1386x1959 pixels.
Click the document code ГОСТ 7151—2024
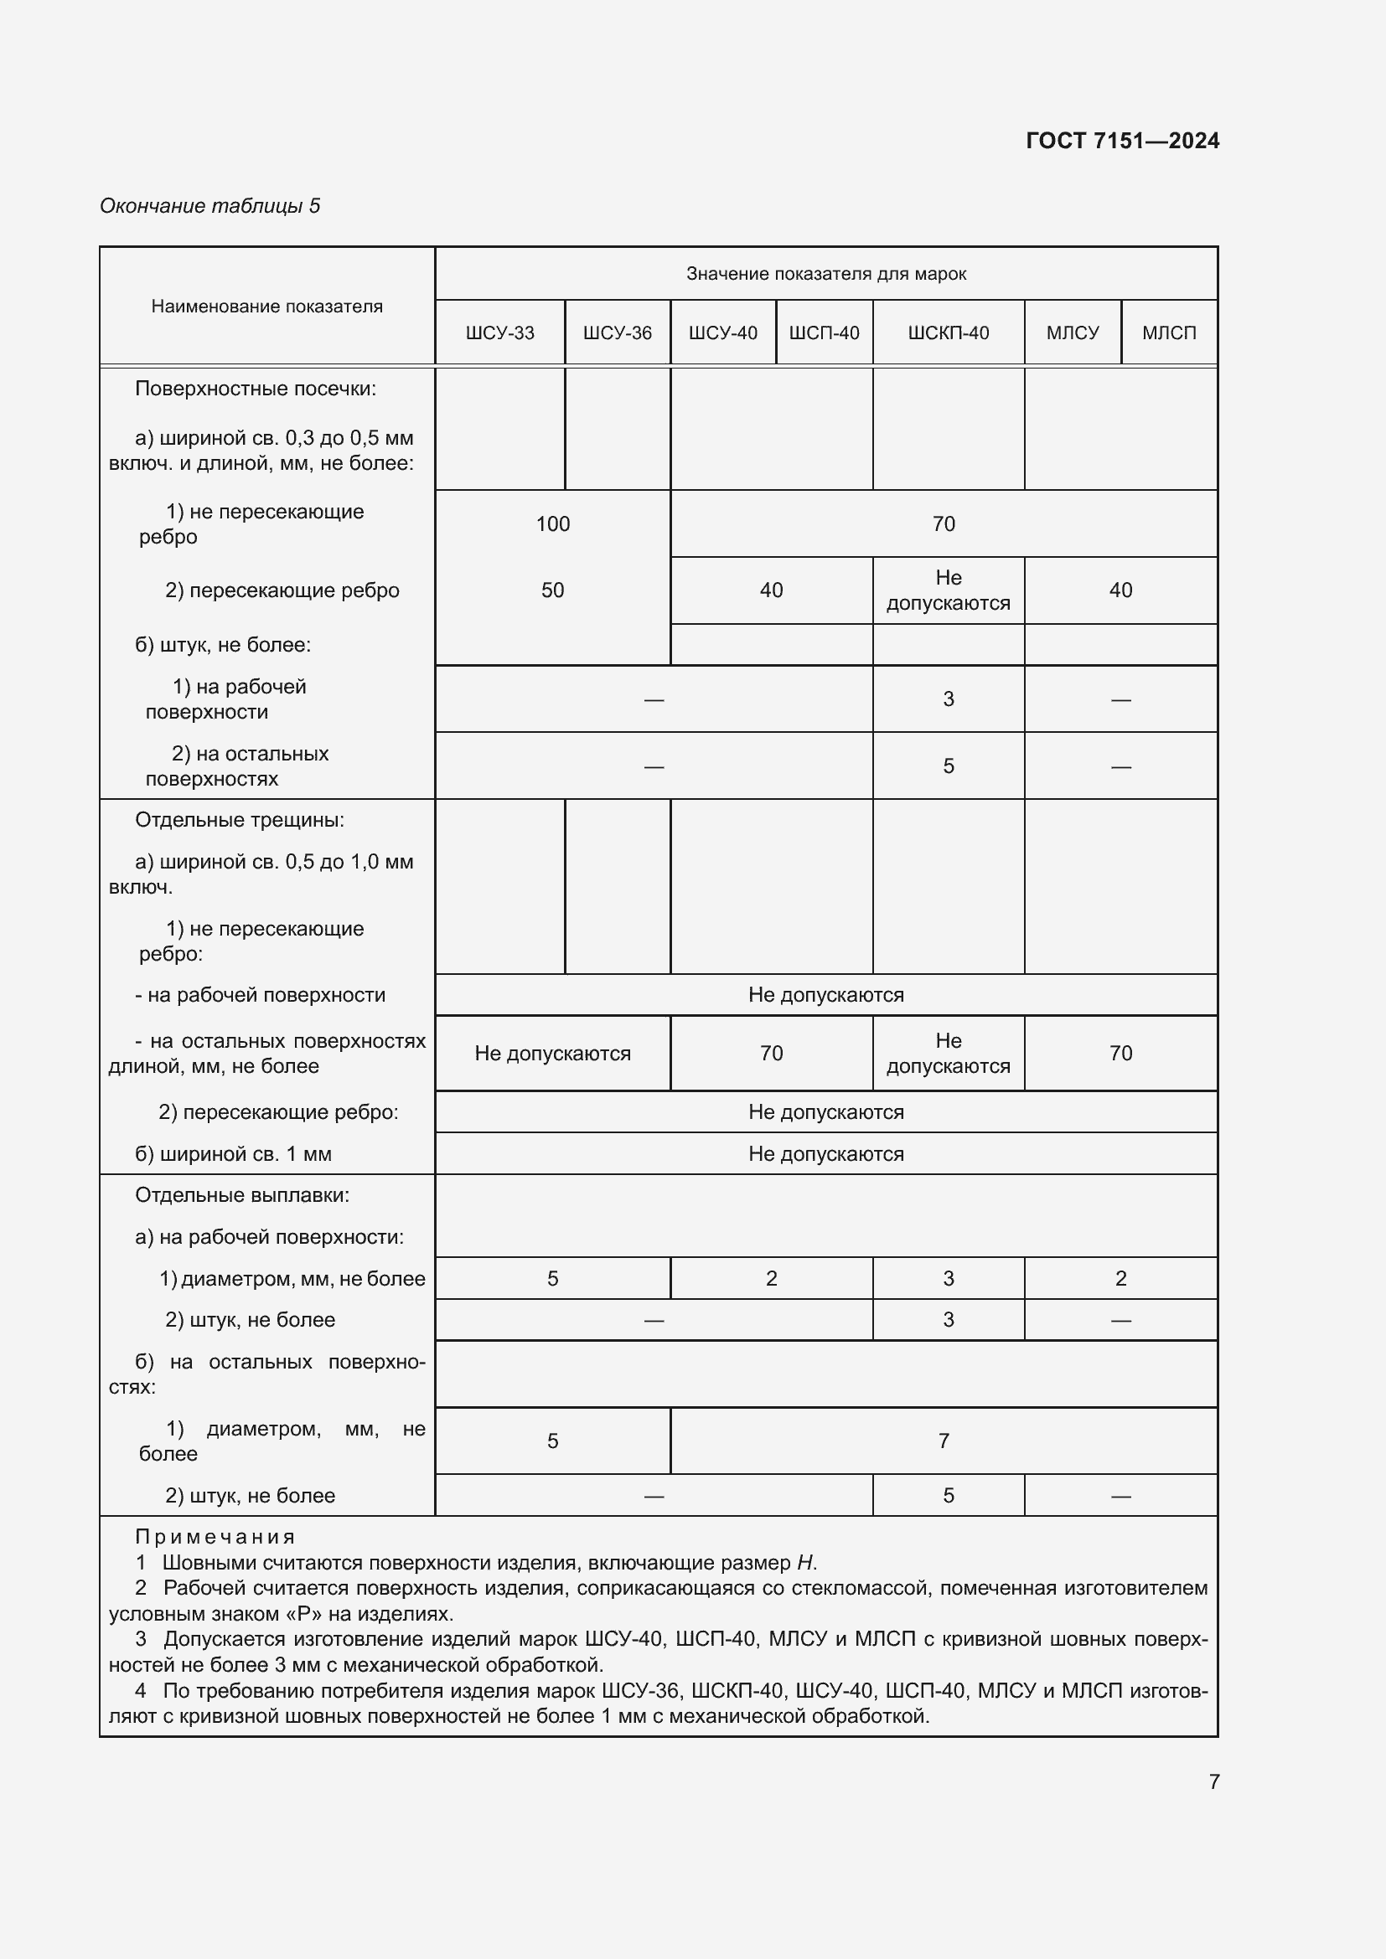[x=1121, y=141]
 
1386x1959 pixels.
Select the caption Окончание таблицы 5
[x=210, y=206]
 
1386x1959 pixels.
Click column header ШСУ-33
[x=499, y=333]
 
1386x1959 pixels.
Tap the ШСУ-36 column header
[x=617, y=333]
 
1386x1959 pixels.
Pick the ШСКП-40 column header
[x=948, y=333]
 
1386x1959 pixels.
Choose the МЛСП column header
[x=1168, y=333]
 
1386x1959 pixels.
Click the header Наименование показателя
[x=266, y=307]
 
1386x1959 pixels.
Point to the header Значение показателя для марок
[x=825, y=274]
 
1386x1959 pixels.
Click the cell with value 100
[x=552, y=523]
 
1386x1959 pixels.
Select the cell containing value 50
[x=552, y=590]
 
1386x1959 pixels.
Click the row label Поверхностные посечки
[x=256, y=389]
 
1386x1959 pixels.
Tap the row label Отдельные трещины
[x=239, y=820]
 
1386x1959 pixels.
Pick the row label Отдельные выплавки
[x=241, y=1195]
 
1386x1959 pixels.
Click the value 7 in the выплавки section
[x=943, y=1441]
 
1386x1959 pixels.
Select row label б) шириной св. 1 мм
[x=232, y=1154]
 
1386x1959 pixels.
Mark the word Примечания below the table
[x=215, y=1538]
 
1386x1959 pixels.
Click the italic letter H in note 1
[x=804, y=1563]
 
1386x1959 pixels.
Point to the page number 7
[x=1213, y=1781]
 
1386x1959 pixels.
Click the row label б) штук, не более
[x=222, y=645]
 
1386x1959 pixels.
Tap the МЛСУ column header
[x=1072, y=333]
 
